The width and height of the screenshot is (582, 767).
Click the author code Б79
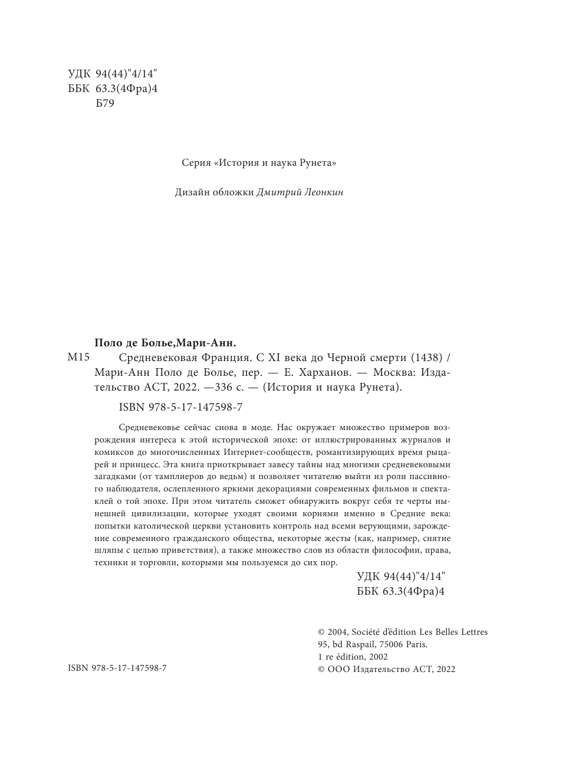pos(104,103)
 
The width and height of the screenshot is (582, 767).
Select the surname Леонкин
pos(324,192)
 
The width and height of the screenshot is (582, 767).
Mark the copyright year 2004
pos(337,632)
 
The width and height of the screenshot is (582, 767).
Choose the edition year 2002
pos(375,657)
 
